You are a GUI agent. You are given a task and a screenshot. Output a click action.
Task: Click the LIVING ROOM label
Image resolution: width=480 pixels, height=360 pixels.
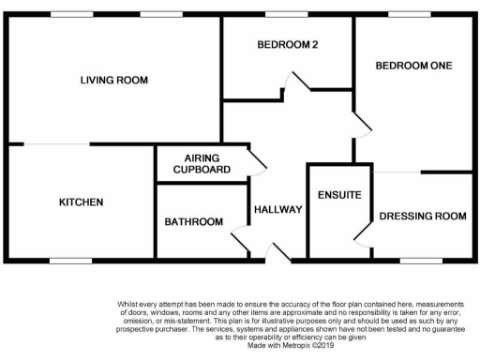(114, 82)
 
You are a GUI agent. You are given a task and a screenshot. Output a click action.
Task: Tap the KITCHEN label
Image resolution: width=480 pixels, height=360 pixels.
(82, 202)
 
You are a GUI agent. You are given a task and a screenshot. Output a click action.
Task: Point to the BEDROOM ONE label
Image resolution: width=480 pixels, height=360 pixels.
(413, 66)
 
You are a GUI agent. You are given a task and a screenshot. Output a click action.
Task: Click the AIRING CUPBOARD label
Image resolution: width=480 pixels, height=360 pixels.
(202, 164)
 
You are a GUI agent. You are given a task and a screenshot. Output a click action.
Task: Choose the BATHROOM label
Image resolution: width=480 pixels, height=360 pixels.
(194, 222)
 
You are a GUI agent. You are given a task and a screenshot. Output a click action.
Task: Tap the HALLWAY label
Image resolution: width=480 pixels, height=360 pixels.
(278, 210)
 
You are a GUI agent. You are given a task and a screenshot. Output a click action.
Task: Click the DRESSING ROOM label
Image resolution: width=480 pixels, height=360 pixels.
(423, 217)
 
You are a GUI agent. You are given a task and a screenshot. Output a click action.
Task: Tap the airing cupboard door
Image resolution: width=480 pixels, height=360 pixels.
(257, 164)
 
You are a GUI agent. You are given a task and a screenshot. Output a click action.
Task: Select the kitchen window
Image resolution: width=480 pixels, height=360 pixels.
(69, 261)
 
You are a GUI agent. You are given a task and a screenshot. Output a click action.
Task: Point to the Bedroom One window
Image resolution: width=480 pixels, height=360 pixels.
(404, 13)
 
